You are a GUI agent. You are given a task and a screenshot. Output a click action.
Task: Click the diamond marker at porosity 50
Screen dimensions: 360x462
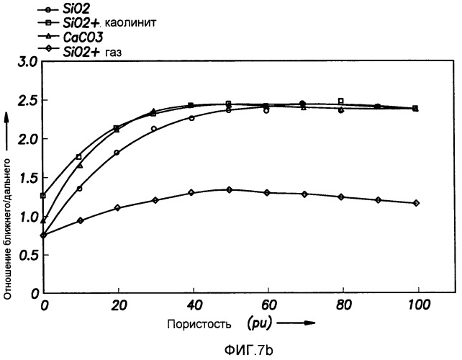click(229, 189)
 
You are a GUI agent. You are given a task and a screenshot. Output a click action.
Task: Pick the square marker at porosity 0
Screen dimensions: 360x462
click(43, 195)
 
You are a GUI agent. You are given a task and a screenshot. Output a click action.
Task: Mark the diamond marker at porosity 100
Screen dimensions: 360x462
click(415, 203)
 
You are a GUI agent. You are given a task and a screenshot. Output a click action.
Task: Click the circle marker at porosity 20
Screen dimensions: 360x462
click(117, 152)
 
